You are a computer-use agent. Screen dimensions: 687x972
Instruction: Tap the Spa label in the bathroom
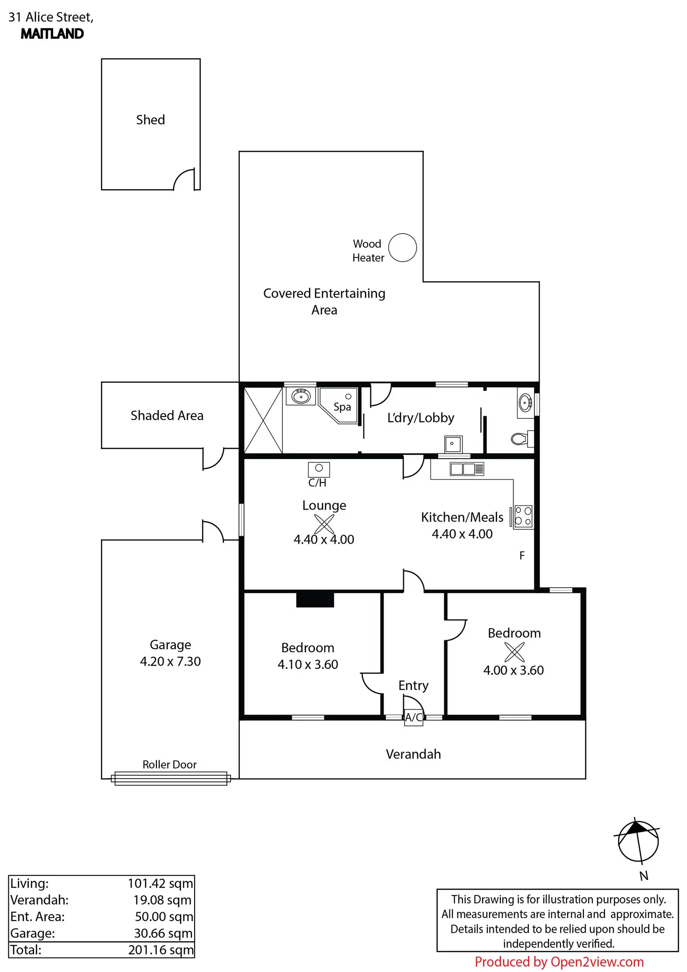[x=342, y=407]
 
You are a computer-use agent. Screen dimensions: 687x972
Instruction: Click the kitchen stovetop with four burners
[x=523, y=517]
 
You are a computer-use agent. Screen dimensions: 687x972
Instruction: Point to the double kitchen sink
[x=467, y=468]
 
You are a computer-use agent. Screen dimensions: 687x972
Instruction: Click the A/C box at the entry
[x=414, y=717]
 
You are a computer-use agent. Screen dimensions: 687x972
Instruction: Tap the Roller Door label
[x=169, y=765]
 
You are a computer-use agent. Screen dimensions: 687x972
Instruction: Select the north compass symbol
[x=638, y=841]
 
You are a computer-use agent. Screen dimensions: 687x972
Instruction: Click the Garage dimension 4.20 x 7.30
[x=170, y=661]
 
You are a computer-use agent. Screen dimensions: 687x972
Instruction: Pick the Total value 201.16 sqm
[x=161, y=950]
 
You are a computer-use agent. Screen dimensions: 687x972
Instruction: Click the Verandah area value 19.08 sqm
[x=162, y=900]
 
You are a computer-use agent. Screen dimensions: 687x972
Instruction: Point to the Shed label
[x=150, y=120]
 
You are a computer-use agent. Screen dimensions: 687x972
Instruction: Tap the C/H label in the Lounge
[x=317, y=482]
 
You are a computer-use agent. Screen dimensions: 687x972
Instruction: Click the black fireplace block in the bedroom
[x=315, y=600]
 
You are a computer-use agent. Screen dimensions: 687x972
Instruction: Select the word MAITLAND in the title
[x=52, y=34]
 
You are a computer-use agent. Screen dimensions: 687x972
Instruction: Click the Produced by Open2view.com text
[x=559, y=962]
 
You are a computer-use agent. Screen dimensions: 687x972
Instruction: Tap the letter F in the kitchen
[x=522, y=555]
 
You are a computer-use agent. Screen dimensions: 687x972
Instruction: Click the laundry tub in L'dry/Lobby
[x=453, y=444]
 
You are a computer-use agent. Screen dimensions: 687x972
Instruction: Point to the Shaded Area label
[x=167, y=415]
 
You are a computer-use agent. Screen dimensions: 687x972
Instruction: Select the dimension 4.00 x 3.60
[x=513, y=670]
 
